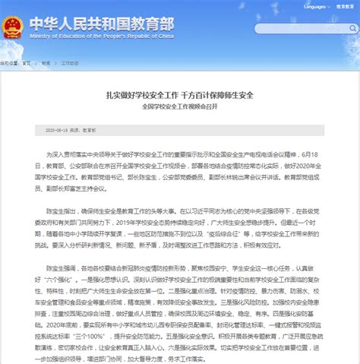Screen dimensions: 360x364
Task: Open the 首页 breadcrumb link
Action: pos(27,65)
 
